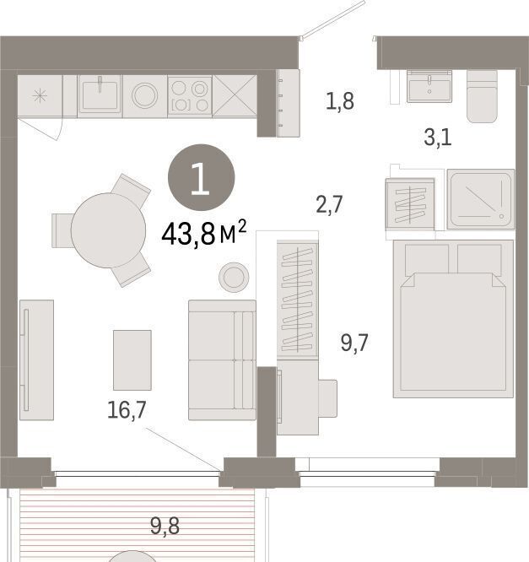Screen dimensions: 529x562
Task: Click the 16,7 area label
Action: click(x=127, y=409)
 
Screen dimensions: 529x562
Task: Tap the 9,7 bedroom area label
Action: click(x=354, y=343)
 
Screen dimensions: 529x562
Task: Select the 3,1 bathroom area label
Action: click(x=438, y=138)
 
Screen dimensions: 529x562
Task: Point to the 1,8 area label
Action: click(x=340, y=100)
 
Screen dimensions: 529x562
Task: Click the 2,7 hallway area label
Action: click(x=329, y=204)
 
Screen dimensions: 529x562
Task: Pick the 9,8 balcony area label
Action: click(x=165, y=527)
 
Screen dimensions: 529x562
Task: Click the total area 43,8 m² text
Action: click(x=204, y=234)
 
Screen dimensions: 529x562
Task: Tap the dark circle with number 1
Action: click(x=202, y=177)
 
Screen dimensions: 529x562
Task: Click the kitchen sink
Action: click(x=100, y=95)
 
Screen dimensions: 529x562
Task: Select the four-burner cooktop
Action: click(x=190, y=96)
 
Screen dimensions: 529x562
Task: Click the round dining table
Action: click(x=108, y=230)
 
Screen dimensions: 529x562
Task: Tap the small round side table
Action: click(x=234, y=277)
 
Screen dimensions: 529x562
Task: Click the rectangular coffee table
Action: click(x=132, y=359)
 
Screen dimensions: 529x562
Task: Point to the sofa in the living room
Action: click(x=222, y=359)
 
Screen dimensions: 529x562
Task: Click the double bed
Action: click(x=453, y=319)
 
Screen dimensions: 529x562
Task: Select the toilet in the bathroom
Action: click(x=482, y=96)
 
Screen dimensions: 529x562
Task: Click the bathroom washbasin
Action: click(x=429, y=86)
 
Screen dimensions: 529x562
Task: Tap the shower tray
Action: click(x=481, y=200)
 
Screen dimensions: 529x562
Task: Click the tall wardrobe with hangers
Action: click(x=297, y=300)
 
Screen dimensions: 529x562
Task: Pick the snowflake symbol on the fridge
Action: click(x=40, y=95)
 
